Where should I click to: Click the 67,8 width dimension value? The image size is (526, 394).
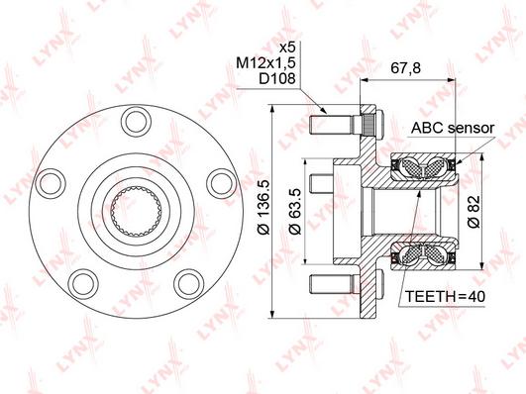pos(405,68)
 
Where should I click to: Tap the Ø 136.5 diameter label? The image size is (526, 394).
pos(263,207)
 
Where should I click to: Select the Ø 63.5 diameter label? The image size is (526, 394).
pos(295,211)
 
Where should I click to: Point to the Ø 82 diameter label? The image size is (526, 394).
pos(474,213)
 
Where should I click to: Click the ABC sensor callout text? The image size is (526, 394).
pos(453,128)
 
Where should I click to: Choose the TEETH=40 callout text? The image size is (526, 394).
pos(445,296)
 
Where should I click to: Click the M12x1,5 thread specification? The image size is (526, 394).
pos(265,62)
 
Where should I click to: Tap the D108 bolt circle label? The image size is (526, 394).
pos(277,78)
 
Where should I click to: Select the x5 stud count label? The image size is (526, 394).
pos(287,48)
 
